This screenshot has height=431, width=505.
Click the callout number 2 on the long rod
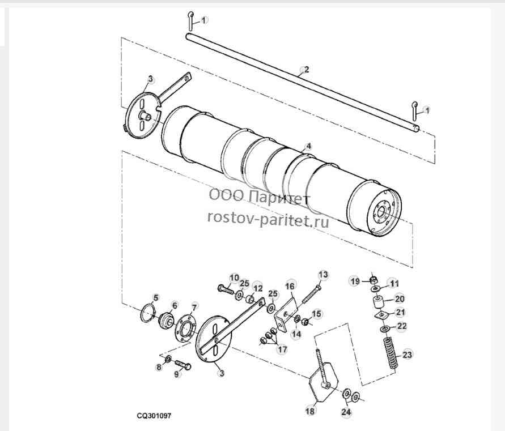306,69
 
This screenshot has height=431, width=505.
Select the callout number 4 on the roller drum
308,146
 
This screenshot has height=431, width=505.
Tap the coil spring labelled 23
391,353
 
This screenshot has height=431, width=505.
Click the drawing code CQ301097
154,416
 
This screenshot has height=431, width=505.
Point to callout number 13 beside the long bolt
323,275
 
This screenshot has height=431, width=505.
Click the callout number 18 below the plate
310,411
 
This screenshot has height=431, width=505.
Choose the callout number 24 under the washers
346,411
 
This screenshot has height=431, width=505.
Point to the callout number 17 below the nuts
282,349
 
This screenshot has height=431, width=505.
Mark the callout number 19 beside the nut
355,281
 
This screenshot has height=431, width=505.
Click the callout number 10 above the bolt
234,278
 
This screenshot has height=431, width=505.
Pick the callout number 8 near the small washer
159,366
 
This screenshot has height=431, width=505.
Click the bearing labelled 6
166,319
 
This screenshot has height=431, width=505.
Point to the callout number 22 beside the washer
402,326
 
